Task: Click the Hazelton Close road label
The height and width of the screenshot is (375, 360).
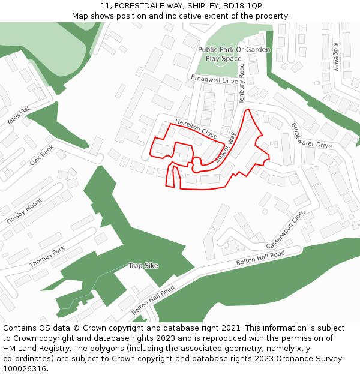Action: [196, 128]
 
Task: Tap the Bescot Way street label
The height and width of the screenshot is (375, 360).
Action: [225, 148]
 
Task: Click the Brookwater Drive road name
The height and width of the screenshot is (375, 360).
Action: [311, 137]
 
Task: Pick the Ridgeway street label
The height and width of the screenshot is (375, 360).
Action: [336, 56]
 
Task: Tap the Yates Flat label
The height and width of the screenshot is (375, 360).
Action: [18, 116]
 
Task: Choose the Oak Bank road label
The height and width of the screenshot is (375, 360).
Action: [41, 155]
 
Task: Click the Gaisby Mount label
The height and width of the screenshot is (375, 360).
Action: [25, 211]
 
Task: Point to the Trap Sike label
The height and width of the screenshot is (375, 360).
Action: [143, 265]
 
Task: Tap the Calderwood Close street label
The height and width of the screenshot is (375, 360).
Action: [286, 230]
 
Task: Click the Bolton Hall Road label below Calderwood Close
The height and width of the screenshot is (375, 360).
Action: [260, 259]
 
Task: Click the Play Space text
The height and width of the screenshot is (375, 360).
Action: [223, 59]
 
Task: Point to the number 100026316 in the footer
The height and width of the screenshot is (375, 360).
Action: [25, 368]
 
